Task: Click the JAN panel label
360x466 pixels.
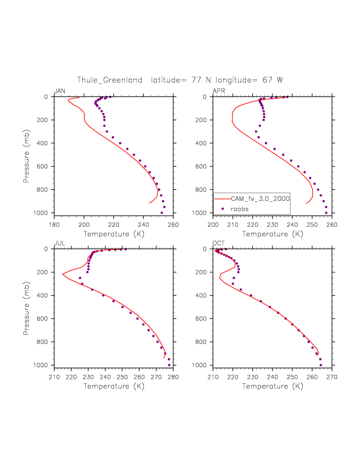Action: click(x=59, y=90)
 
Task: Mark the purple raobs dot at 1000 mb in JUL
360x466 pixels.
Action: click(x=169, y=365)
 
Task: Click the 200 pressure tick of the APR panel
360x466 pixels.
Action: click(x=206, y=120)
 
